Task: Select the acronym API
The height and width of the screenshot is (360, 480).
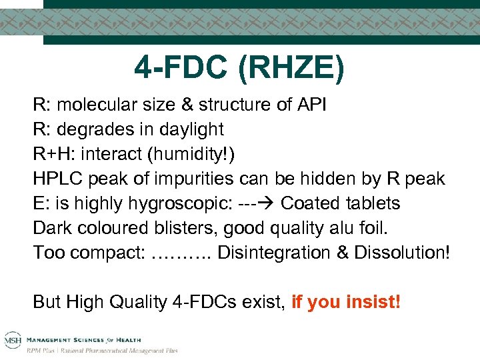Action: (x=309, y=105)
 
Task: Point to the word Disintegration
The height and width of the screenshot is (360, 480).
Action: (x=269, y=253)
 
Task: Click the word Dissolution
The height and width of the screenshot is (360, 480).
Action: (x=397, y=253)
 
